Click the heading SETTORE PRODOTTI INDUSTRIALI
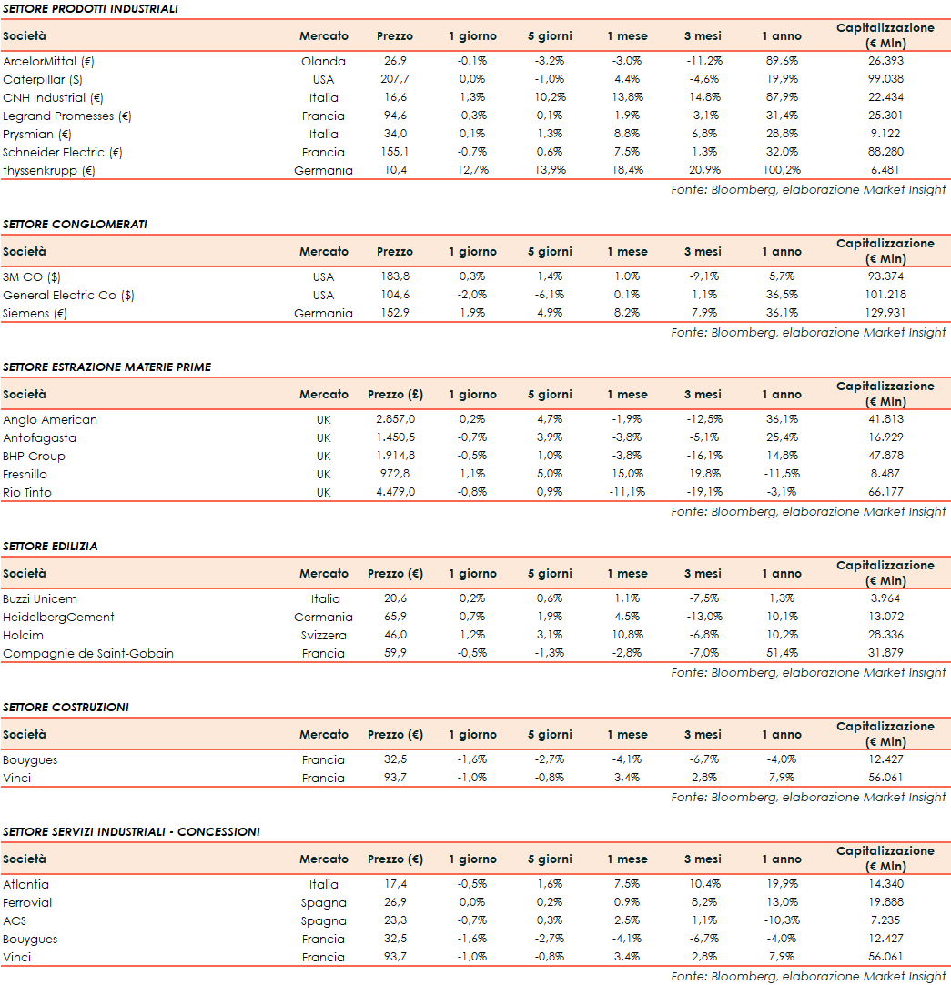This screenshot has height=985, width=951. (x=90, y=9)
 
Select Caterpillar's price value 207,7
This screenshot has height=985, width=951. (x=395, y=80)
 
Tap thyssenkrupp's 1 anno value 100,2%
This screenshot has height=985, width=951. (x=782, y=171)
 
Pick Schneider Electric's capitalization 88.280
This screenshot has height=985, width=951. (x=872, y=153)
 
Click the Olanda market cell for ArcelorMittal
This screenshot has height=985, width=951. (x=323, y=62)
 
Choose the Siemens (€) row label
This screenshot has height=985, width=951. (x=35, y=314)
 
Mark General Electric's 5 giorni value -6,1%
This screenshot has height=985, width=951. (x=550, y=296)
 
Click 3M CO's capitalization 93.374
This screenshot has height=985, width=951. (x=872, y=277)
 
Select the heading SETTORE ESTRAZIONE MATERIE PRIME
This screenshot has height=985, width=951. (x=106, y=367)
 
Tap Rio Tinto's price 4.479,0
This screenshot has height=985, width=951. (x=395, y=493)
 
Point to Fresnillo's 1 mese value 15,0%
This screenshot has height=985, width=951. (x=628, y=475)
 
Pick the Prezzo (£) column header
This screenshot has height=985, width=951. (x=395, y=395)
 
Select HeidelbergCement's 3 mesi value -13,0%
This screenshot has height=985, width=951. (x=703, y=618)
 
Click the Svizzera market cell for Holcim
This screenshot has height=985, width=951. (x=323, y=636)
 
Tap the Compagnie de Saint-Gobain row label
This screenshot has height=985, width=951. (x=88, y=654)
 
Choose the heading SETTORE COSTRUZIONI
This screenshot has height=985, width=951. (x=66, y=708)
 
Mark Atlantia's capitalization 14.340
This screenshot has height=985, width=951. (x=872, y=885)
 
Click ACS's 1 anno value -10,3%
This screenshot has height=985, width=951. (x=782, y=921)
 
